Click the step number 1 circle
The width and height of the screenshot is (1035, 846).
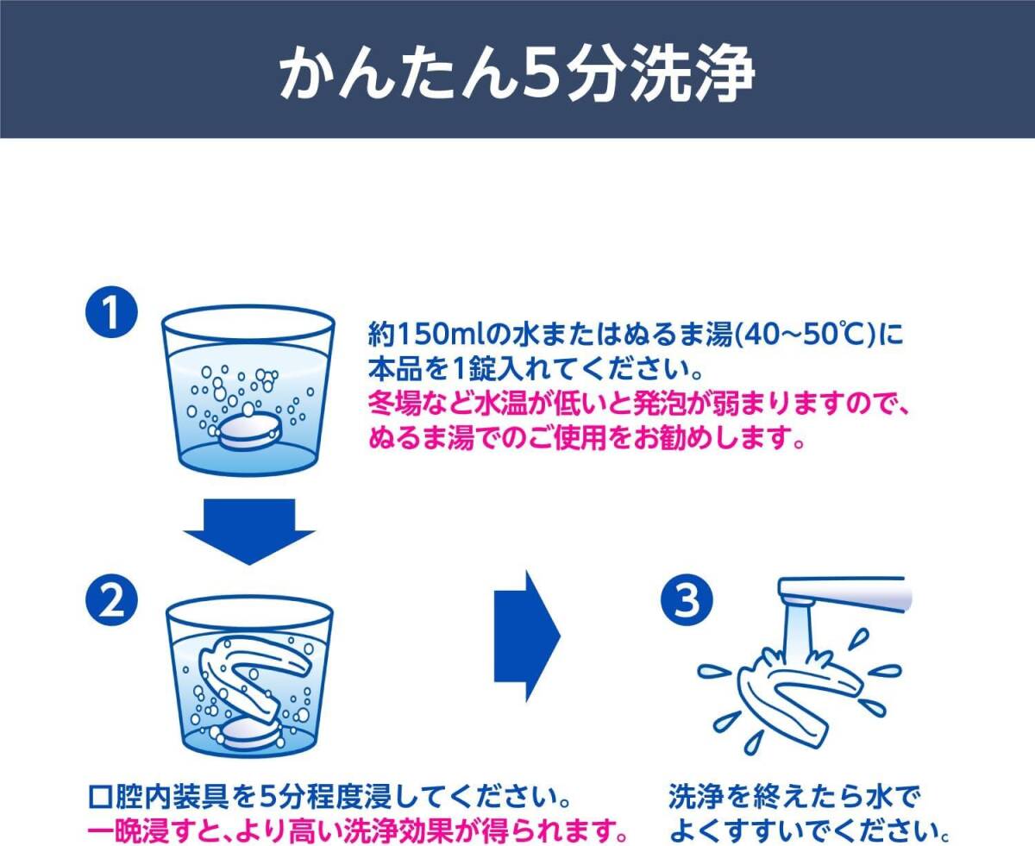(x=111, y=312)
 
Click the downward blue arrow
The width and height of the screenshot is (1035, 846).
(x=248, y=531)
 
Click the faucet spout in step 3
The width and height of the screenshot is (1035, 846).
(x=845, y=595)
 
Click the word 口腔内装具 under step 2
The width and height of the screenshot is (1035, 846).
(x=158, y=797)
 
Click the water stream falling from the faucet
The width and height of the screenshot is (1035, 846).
(x=799, y=638)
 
